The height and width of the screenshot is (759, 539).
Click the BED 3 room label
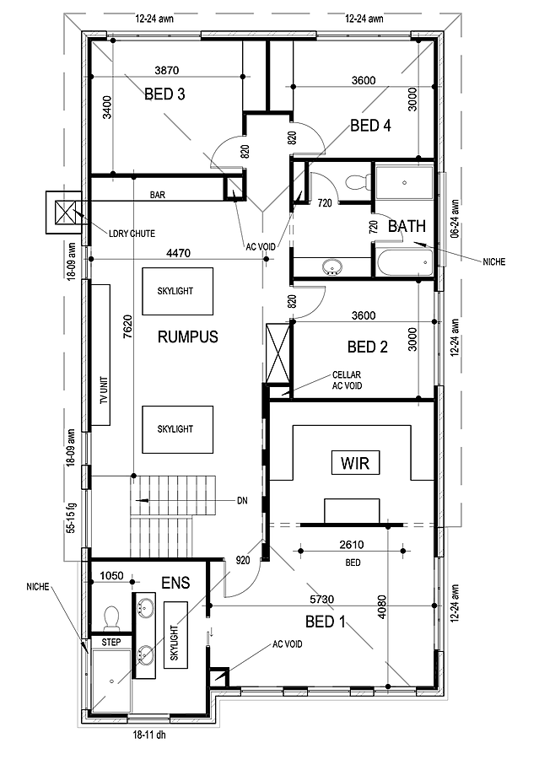pyautogui.click(x=164, y=94)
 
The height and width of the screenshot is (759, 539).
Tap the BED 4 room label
pyautogui.click(x=370, y=126)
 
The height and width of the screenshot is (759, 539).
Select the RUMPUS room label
pyautogui.click(x=187, y=337)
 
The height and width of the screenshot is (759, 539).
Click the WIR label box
pyautogui.click(x=355, y=462)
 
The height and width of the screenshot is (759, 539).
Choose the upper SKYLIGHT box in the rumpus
pyautogui.click(x=175, y=290)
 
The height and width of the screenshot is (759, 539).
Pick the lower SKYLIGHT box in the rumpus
pyautogui.click(x=175, y=428)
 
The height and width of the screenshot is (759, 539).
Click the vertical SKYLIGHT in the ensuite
pyautogui.click(x=175, y=633)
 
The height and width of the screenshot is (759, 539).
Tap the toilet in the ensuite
pyautogui.click(x=110, y=617)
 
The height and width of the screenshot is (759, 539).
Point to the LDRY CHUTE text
pyautogui.click(x=132, y=233)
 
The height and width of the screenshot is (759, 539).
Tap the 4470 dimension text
pyautogui.click(x=175, y=251)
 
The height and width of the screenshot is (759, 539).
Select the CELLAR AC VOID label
pyautogui.click(x=347, y=379)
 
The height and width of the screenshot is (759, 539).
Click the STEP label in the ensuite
pyautogui.click(x=111, y=642)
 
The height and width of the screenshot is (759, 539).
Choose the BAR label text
pyautogui.click(x=158, y=195)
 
